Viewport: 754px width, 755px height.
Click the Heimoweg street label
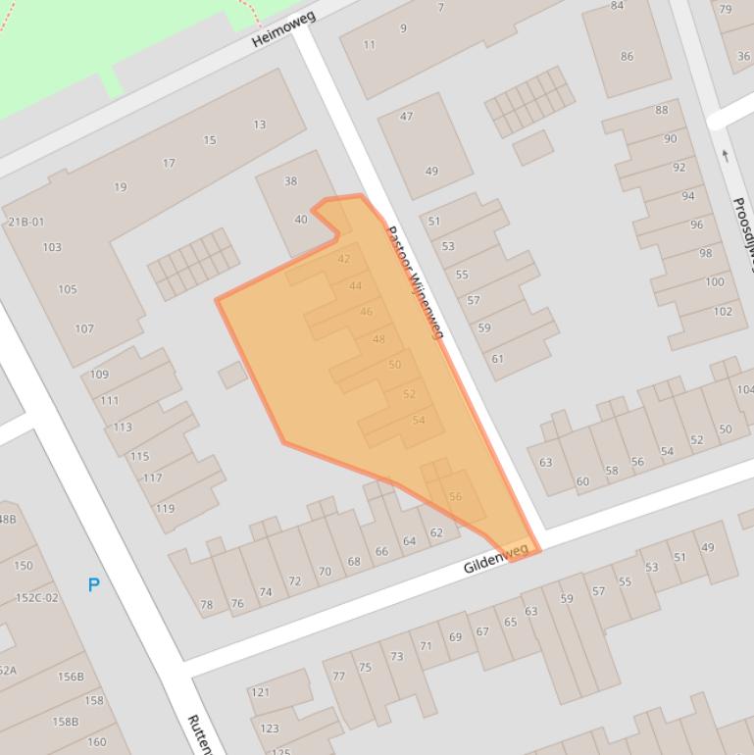[283, 29]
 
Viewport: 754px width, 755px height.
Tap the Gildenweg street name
[496, 559]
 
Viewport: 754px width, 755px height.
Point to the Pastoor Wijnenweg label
[415, 282]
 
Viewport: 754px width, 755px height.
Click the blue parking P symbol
[94, 585]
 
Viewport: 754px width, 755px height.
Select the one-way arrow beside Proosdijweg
[726, 155]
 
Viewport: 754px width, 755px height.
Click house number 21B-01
[26, 222]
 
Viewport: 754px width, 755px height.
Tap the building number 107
[83, 328]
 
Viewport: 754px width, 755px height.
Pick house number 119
[165, 508]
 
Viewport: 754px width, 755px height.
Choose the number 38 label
[290, 180]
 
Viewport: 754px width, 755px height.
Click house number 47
[407, 117]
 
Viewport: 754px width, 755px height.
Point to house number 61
[497, 359]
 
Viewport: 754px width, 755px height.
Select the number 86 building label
[627, 56]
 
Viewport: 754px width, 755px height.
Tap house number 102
[723, 311]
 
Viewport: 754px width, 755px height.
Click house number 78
[207, 605]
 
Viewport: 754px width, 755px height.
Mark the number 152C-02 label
[37, 597]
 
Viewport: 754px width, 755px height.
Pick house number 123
[269, 729]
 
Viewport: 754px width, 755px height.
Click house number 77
[338, 676]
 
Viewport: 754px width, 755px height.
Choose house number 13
[259, 125]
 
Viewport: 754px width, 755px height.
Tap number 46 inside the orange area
[366, 312]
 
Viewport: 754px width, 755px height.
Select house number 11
[370, 44]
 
